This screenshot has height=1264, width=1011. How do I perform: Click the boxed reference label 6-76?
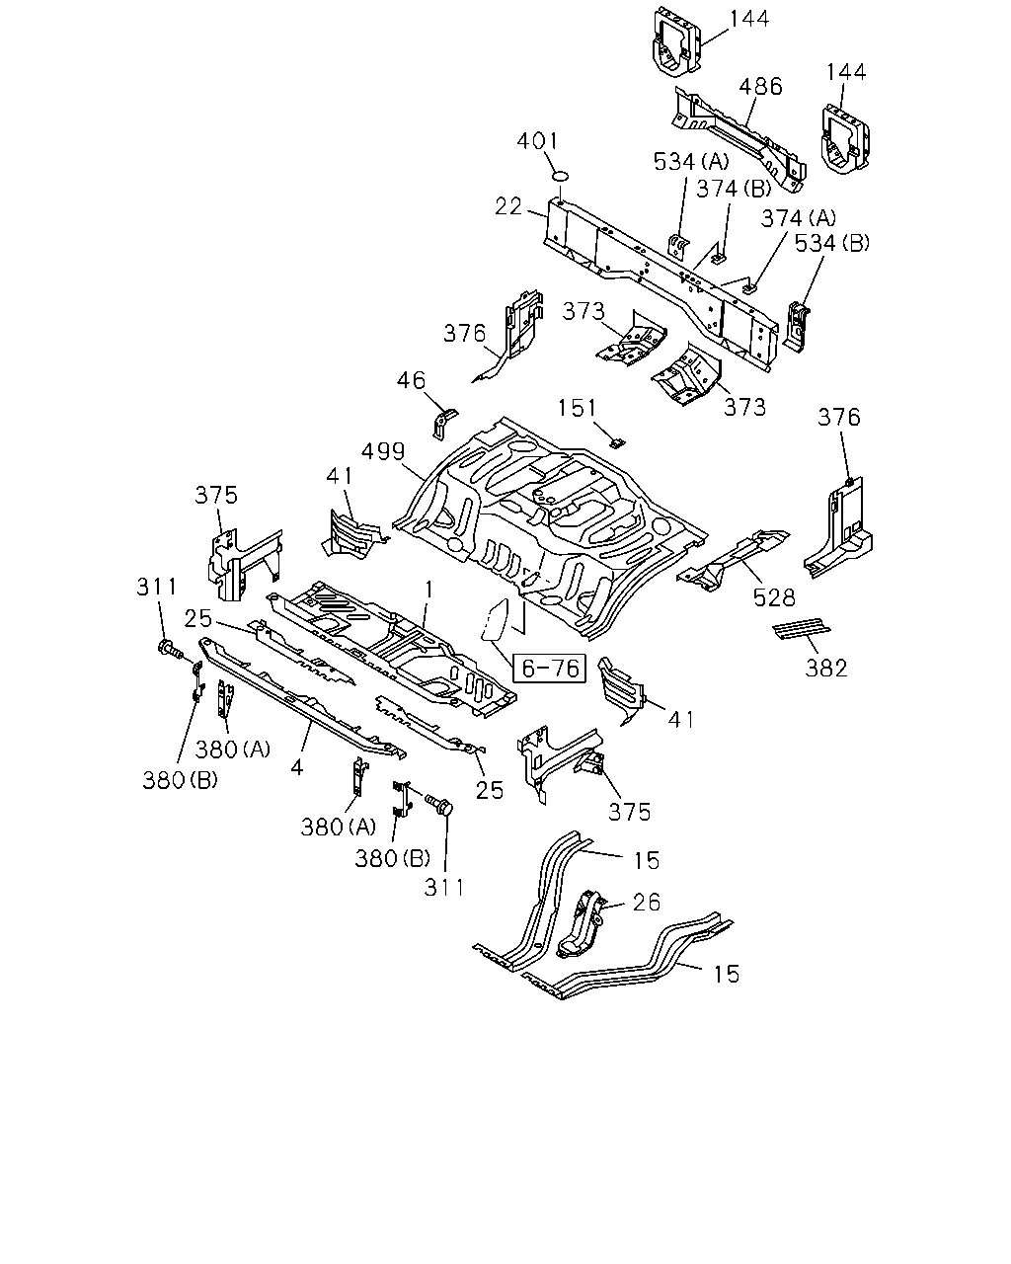point(549,668)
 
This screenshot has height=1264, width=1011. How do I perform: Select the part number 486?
point(760,86)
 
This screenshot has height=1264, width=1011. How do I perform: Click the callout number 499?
point(383,451)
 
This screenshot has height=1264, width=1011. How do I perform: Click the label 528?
point(774,598)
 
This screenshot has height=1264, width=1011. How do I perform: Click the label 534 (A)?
point(691,162)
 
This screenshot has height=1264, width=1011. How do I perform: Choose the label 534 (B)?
point(832,243)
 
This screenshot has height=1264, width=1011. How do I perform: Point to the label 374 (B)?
point(734,190)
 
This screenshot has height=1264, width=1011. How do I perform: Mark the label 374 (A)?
point(798,218)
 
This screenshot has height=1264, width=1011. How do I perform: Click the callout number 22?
point(508,206)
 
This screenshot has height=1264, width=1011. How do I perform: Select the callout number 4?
point(297,767)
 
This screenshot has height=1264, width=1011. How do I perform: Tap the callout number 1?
point(429,590)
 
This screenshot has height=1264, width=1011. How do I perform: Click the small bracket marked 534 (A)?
point(678,246)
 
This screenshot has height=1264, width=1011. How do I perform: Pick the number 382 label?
point(826,669)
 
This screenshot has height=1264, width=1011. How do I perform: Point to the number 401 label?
point(537,141)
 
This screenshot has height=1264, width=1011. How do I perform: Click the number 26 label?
point(647,903)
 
